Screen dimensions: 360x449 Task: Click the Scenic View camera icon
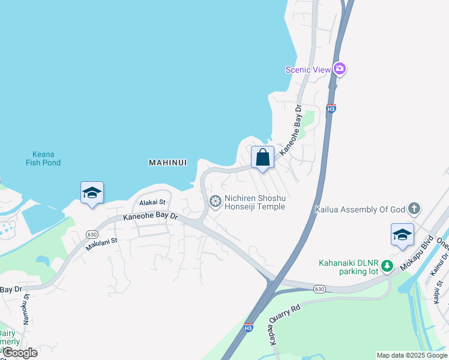pyautogui.click(x=340, y=69)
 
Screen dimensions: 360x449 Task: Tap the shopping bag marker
pyautogui.click(x=263, y=157)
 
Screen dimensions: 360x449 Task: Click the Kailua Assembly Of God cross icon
pyautogui.click(x=414, y=209)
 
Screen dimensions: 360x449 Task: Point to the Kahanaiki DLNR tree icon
pyautogui.click(x=388, y=265)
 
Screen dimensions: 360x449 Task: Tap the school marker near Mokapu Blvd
pyautogui.click(x=402, y=235)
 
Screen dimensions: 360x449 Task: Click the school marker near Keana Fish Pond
pyautogui.click(x=92, y=193)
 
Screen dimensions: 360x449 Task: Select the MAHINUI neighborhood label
pyautogui.click(x=167, y=162)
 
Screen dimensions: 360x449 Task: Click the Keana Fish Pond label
pyautogui.click(x=43, y=158)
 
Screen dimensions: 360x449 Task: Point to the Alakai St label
pyautogui.click(x=152, y=203)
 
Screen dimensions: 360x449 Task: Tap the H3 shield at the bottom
pyautogui.click(x=249, y=328)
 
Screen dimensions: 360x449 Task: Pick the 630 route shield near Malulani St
pyautogui.click(x=91, y=234)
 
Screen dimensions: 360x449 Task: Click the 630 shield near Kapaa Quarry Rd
pyautogui.click(x=319, y=289)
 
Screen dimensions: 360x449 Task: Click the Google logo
pyautogui.click(x=20, y=353)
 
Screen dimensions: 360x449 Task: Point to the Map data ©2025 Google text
pyautogui.click(x=412, y=355)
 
